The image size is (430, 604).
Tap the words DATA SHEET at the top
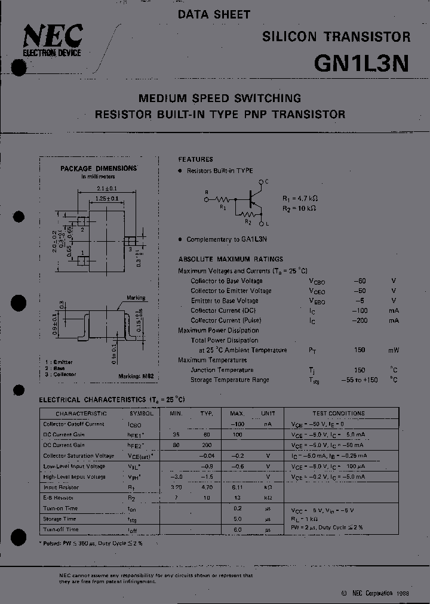(214, 14)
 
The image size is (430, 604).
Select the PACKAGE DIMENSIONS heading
(99, 168)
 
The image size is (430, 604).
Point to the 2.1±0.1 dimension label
(107, 189)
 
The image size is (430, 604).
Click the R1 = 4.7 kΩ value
(299, 198)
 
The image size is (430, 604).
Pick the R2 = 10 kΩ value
(299, 208)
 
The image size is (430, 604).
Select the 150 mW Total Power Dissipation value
(359, 350)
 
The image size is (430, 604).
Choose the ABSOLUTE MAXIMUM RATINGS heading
(231, 259)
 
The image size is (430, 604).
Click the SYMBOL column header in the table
(142, 413)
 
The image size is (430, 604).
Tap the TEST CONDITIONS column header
(339, 413)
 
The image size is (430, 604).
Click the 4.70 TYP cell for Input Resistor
(207, 487)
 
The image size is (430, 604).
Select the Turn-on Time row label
(60, 509)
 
